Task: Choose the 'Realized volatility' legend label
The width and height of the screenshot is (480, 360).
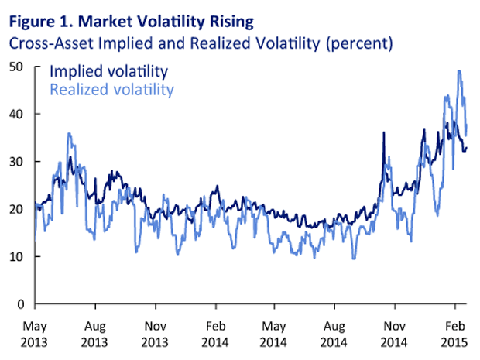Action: tap(111, 90)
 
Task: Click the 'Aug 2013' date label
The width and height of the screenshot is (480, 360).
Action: tap(95, 334)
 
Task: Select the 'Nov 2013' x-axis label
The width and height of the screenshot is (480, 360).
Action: tap(156, 334)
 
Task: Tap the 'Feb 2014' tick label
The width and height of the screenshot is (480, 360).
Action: tap(217, 334)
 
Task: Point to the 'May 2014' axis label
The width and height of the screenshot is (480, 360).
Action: tap(277, 334)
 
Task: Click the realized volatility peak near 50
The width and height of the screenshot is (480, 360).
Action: tap(460, 71)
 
